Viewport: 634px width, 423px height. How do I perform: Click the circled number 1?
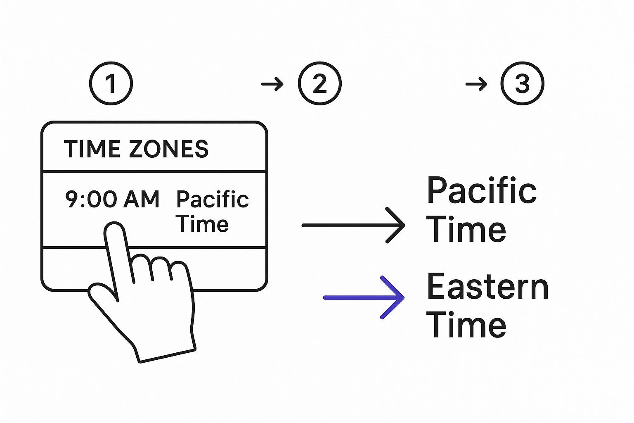coord(111,83)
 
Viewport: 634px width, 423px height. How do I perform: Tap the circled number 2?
coord(319,83)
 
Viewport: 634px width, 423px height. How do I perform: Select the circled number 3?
coord(522,83)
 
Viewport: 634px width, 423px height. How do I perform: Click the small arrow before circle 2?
coord(272,85)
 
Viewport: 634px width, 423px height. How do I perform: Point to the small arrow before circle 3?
coord(476,85)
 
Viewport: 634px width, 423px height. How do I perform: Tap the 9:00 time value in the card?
coord(91,199)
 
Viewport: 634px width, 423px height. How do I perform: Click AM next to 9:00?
coord(141,199)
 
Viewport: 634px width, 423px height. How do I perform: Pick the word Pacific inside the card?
coord(212,200)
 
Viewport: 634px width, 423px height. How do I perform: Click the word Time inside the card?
coord(202,224)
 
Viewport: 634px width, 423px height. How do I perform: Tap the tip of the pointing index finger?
coord(114,230)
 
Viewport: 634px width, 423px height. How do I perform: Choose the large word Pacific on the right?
coord(481,190)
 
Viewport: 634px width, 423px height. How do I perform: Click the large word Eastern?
coord(487,286)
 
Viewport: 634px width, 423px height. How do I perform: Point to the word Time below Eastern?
coord(466,325)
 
